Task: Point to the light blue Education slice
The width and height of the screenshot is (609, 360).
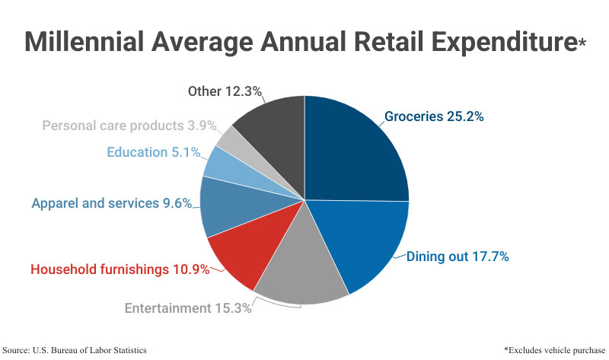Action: point(221,164)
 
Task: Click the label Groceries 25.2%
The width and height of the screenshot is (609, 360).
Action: point(434,117)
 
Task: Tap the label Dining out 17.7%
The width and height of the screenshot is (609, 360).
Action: point(458,256)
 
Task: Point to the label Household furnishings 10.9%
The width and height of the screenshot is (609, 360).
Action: point(120,269)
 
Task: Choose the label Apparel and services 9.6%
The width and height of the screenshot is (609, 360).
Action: point(111,203)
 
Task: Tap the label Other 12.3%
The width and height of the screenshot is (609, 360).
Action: point(225,91)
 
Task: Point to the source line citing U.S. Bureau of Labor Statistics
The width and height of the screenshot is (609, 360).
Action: point(75,349)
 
